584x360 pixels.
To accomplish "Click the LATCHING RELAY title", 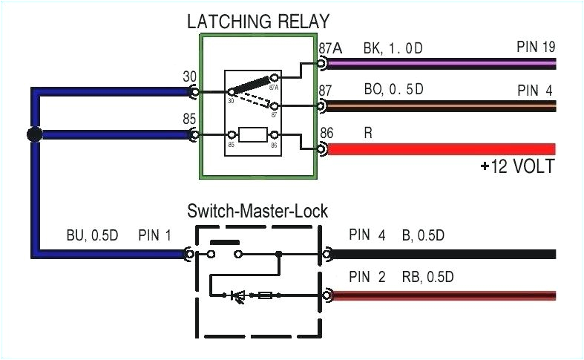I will click(x=257, y=22).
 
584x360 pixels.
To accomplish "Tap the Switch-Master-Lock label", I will click(x=257, y=212).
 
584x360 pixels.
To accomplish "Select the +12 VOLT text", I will click(x=516, y=166).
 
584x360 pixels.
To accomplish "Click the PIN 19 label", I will click(x=535, y=48).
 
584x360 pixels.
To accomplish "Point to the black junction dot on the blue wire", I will click(x=33, y=135).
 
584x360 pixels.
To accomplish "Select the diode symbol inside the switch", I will click(x=240, y=295).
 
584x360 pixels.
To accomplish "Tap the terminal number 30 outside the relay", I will click(x=188, y=76).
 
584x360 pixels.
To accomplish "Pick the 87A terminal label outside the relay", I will click(x=329, y=48).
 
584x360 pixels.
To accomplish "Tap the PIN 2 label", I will click(x=367, y=278).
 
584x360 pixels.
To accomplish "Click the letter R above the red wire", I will click(x=368, y=134).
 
